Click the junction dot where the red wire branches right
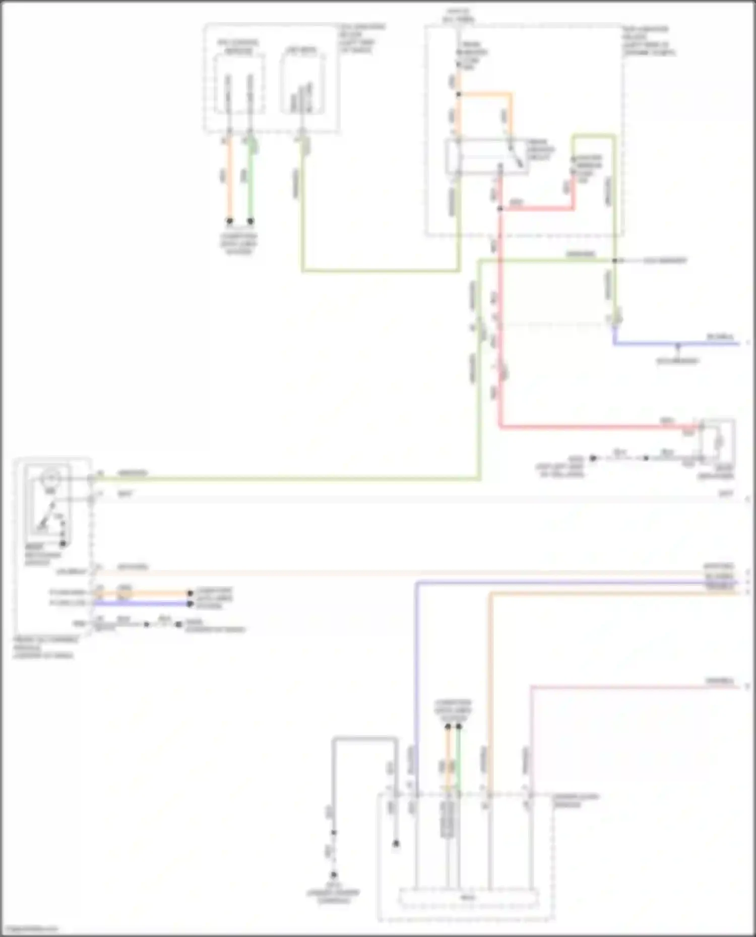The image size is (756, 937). click(x=500, y=208)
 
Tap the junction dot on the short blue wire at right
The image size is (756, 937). click(x=678, y=344)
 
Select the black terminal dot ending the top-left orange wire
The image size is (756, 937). click(x=229, y=221)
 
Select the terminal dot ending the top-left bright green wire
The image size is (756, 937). click(x=250, y=221)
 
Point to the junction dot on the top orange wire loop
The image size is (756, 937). click(x=459, y=94)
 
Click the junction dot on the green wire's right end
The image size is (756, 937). click(x=614, y=260)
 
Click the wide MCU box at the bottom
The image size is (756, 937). click(x=469, y=897)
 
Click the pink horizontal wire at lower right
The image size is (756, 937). click(x=630, y=687)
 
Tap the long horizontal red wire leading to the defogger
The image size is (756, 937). click(x=595, y=427)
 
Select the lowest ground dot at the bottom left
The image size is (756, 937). click(x=334, y=875)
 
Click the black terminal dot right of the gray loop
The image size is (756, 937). click(x=396, y=843)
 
